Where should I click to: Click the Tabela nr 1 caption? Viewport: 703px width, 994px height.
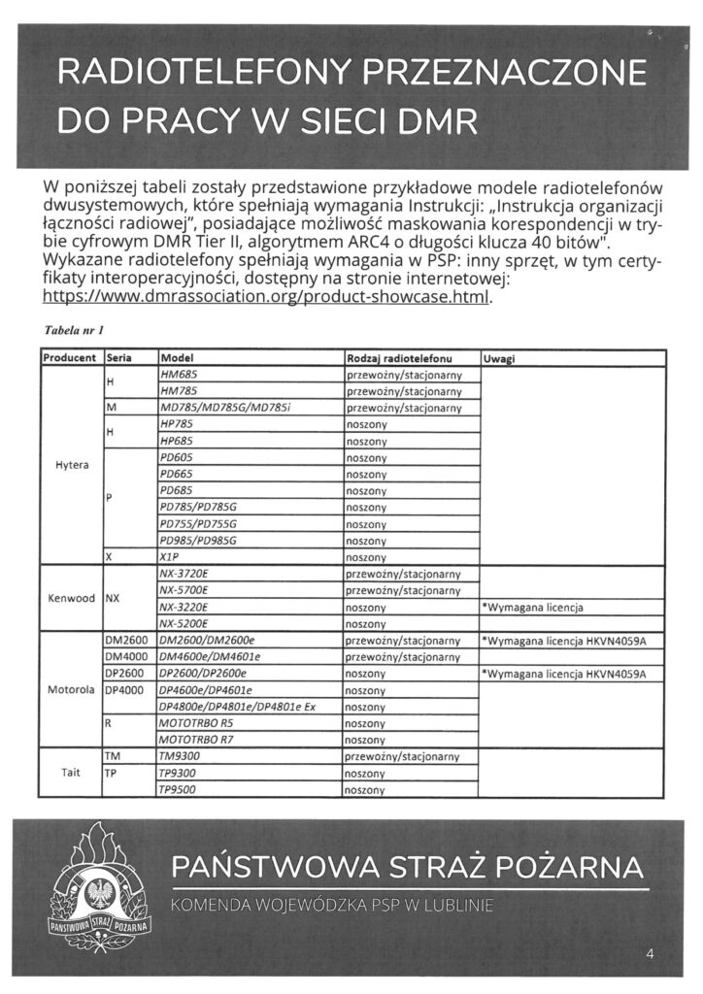tap(75, 332)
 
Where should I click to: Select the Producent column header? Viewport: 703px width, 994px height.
tap(70, 358)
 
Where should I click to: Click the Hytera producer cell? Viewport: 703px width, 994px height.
tap(70, 465)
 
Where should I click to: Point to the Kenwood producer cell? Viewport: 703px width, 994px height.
tap(70, 598)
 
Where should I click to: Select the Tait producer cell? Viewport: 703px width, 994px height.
tap(70, 773)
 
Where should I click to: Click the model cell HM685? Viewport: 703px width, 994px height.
tap(178, 374)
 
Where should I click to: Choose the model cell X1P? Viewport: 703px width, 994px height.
tap(170, 557)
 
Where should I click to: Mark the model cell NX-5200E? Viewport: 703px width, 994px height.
tap(184, 624)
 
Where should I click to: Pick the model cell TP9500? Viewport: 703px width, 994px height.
tap(178, 790)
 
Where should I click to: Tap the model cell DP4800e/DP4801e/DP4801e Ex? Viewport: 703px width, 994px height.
tap(237, 707)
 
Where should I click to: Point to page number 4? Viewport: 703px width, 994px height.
tap(650, 954)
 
